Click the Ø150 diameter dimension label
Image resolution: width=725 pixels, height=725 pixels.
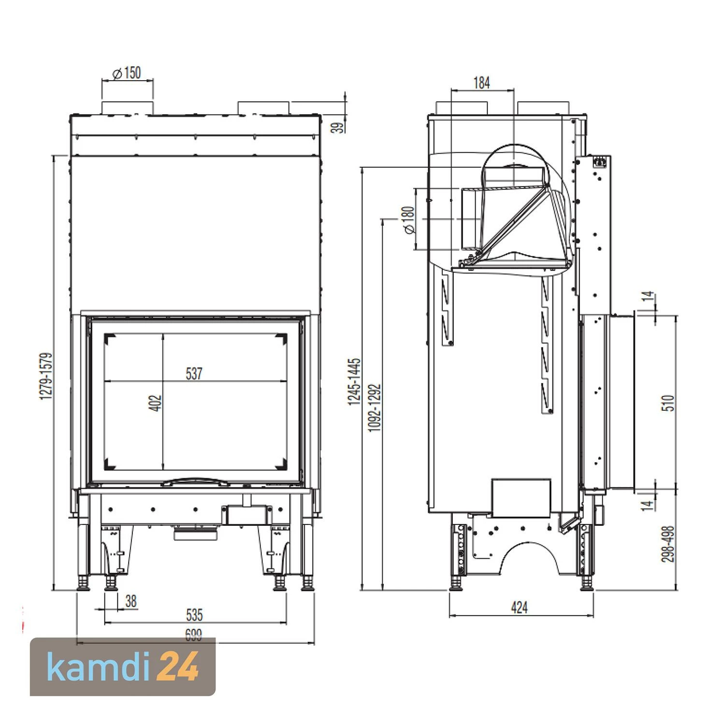pos(127,73)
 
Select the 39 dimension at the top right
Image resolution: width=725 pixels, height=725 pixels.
pos(340,127)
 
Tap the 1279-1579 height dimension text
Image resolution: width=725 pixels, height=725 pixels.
pos(46,376)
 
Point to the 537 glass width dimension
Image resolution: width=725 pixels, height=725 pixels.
pos(193,374)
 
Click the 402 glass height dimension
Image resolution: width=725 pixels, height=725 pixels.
pos(156,403)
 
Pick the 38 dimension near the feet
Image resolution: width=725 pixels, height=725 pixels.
pos(130,601)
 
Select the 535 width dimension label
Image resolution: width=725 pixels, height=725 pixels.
pos(194,615)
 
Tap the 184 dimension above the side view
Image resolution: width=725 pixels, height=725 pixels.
pos(481,83)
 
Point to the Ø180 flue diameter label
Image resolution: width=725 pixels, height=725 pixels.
pos(408,220)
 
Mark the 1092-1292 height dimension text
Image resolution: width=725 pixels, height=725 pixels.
pos(375,407)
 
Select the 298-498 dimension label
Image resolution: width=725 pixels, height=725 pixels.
pos(667,544)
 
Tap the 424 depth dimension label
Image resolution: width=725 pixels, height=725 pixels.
pos(519,608)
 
